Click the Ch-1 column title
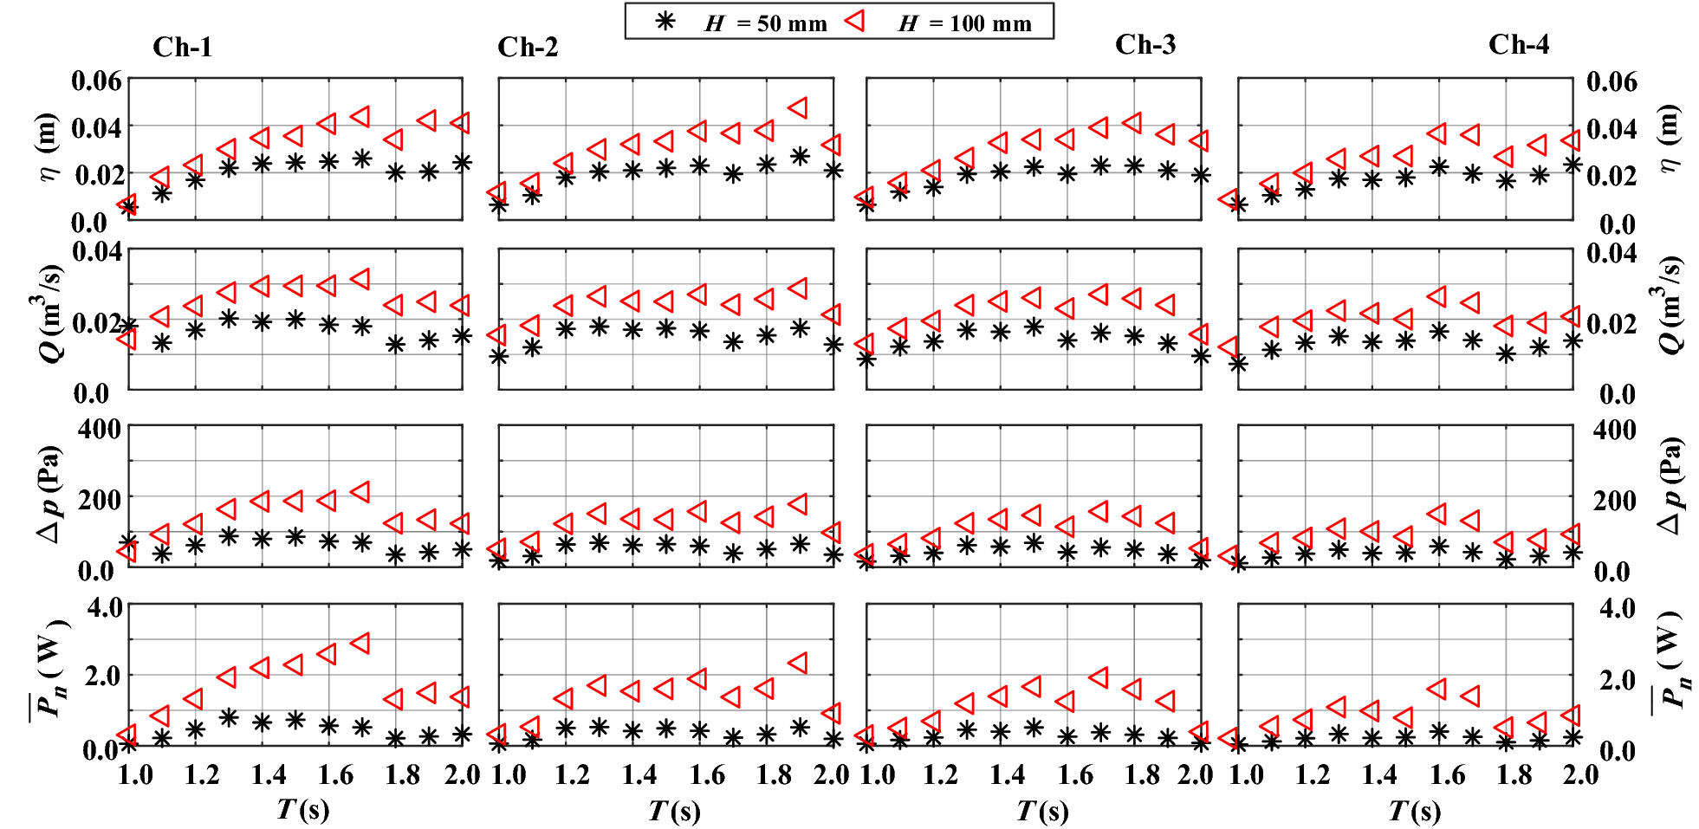182,47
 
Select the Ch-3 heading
1145,44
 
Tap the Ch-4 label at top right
1518,44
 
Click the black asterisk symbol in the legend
665,22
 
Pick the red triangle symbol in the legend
855,21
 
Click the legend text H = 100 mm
964,23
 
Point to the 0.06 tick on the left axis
96,81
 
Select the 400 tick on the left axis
100,429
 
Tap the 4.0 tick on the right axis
1617,607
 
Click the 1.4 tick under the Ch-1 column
269,774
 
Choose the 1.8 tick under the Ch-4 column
1514,774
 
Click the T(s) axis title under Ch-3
1042,811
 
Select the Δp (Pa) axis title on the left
49,494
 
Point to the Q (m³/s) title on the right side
1670,305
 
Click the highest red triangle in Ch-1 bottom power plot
361,643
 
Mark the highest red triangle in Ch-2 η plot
799,107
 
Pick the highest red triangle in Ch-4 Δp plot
1437,514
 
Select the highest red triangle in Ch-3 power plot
1099,677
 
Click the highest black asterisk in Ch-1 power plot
229,717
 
